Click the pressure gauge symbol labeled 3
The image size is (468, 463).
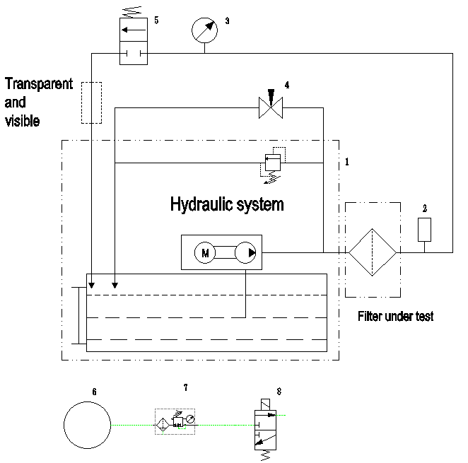click(204, 30)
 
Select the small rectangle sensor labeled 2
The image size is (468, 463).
click(424, 229)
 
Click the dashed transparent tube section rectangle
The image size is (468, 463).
click(91, 102)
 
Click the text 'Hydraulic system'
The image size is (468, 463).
click(227, 205)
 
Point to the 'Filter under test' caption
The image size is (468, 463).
click(395, 317)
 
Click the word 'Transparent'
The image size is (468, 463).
click(39, 85)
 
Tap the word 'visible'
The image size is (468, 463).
click(22, 120)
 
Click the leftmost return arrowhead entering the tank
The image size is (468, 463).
click(91, 285)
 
